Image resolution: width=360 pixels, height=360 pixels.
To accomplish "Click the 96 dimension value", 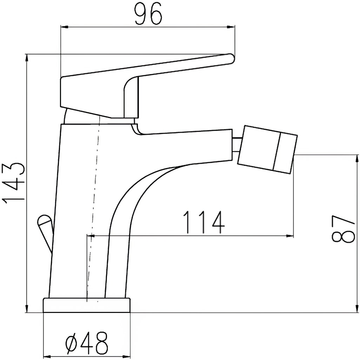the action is pos(148,14).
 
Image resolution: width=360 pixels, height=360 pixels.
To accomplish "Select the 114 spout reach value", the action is pos(204,222).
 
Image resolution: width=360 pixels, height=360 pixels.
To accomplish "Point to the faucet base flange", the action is pos(87,305).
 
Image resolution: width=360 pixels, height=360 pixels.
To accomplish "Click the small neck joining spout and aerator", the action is pos(237,145).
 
